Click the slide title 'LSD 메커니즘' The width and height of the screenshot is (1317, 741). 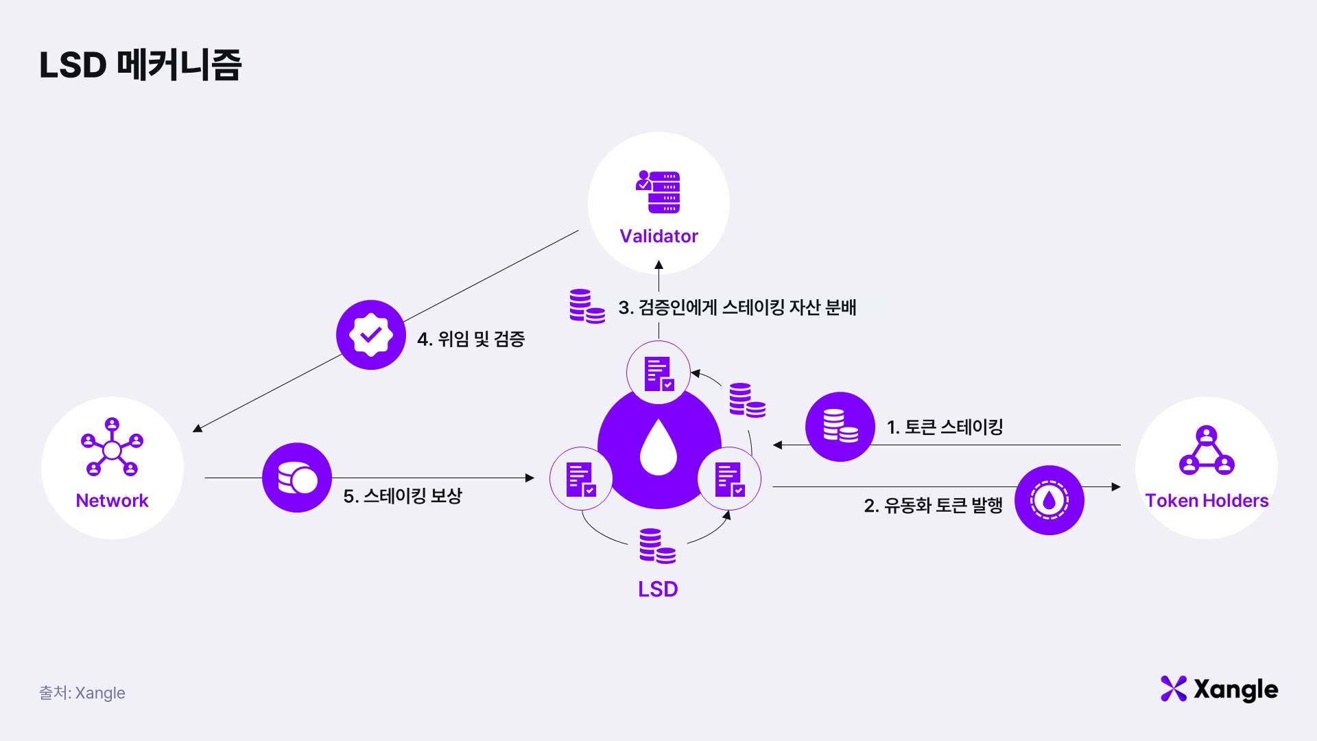[140, 65]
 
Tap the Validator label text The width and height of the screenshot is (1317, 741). [658, 236]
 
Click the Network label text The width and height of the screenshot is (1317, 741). [112, 501]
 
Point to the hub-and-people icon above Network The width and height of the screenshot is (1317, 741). [112, 447]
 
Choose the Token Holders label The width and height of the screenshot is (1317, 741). [1207, 501]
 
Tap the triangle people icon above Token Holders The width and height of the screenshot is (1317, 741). [1207, 451]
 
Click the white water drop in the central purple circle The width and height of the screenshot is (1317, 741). [658, 447]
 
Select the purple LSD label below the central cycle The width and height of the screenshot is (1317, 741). [658, 589]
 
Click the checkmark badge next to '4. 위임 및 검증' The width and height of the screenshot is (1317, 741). [371, 335]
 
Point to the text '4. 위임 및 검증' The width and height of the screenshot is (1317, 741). [471, 339]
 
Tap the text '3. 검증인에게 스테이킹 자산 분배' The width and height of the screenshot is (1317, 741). [737, 307]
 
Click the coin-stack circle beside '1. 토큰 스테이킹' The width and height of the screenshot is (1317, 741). [840, 427]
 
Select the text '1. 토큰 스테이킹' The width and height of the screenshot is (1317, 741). [945, 427]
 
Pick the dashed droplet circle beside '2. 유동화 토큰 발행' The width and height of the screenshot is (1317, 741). [1049, 501]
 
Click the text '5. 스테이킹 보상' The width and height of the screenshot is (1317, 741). [403, 496]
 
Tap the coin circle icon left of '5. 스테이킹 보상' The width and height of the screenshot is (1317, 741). [297, 478]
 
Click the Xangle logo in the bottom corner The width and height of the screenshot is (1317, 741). [1219, 690]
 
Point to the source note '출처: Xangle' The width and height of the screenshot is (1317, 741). [82, 693]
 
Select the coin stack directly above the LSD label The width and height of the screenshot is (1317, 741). [657, 546]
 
